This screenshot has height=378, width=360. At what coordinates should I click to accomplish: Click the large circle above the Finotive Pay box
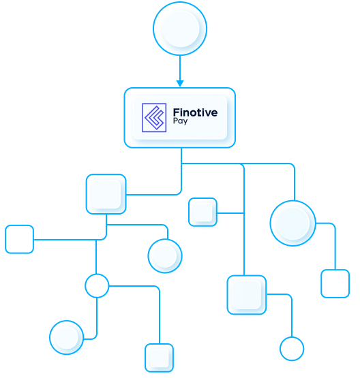pyautogui.click(x=180, y=29)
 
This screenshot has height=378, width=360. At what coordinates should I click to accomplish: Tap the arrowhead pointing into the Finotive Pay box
pyautogui.click(x=180, y=83)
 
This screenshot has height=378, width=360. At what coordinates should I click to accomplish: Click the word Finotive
pyautogui.click(x=195, y=112)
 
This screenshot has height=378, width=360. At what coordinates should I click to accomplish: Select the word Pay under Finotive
pyautogui.click(x=180, y=121)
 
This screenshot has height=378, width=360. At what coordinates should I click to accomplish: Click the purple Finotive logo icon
pyautogui.click(x=154, y=118)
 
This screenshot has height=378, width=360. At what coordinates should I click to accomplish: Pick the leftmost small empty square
pyautogui.click(x=20, y=239)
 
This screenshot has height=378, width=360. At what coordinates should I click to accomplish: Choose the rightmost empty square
pyautogui.click(x=335, y=283)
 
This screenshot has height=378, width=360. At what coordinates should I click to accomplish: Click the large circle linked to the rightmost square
pyautogui.click(x=293, y=223)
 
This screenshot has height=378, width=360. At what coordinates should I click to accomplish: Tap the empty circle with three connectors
pyautogui.click(x=97, y=285)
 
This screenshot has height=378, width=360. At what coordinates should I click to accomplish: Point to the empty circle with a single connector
pyautogui.click(x=292, y=349)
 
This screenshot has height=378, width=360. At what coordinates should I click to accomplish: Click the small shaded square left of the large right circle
pyautogui.click(x=202, y=212)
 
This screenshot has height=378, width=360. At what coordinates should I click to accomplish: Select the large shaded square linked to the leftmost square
pyautogui.click(x=106, y=194)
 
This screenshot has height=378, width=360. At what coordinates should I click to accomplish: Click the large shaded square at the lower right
pyautogui.click(x=247, y=295)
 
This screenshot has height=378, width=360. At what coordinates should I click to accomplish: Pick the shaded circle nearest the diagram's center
pyautogui.click(x=165, y=256)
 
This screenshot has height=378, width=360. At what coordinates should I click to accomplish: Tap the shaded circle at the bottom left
pyautogui.click(x=67, y=337)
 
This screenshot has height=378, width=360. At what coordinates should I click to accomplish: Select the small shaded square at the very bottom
pyautogui.click(x=160, y=358)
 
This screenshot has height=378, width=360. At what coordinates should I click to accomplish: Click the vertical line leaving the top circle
pyautogui.click(x=180, y=68)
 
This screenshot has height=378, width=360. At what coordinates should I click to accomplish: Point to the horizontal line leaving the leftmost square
pyautogui.click(x=65, y=240)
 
